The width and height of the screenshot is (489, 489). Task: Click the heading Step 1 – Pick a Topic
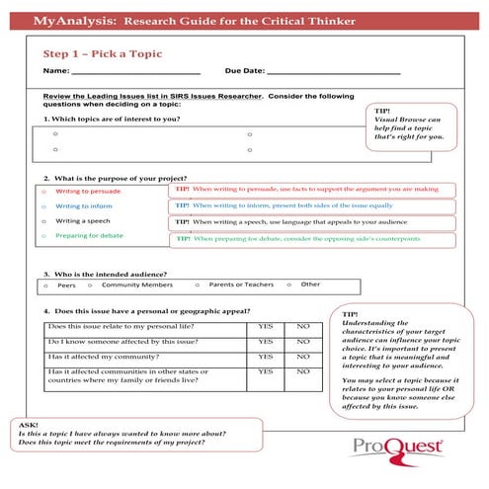pyautogui.click(x=103, y=53)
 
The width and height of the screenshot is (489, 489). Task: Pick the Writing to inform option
pyautogui.click(x=83, y=205)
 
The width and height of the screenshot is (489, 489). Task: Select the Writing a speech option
pyautogui.click(x=83, y=221)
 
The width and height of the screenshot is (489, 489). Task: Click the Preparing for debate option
pyautogui.click(x=89, y=236)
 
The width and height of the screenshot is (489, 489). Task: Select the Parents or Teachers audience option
pyautogui.click(x=241, y=285)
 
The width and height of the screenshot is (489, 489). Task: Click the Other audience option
pyautogui.click(x=310, y=285)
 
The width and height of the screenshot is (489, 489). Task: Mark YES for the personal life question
pyautogui.click(x=266, y=326)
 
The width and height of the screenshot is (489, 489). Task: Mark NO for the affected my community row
pyautogui.click(x=303, y=357)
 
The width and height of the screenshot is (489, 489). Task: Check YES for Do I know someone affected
pyautogui.click(x=266, y=341)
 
